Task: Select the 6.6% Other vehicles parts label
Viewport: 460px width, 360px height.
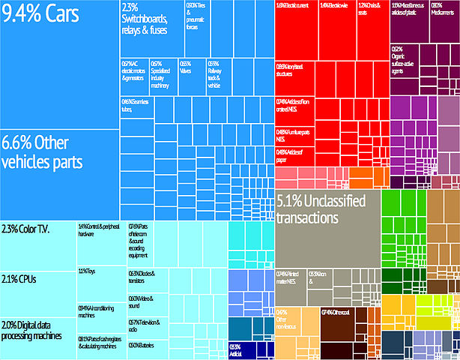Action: tap(41, 151)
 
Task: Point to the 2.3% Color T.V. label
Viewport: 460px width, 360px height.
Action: tap(25, 229)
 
